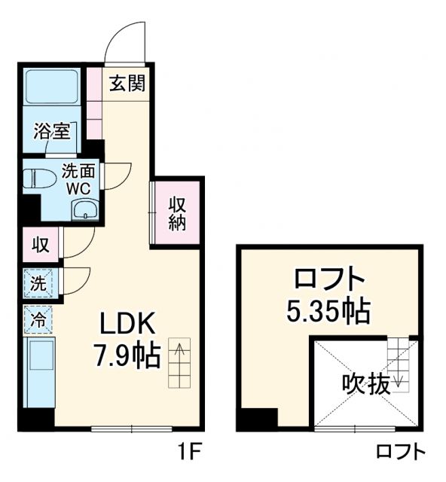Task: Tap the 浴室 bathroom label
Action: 52,130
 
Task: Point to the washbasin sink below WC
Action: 85,210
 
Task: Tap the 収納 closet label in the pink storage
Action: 177,213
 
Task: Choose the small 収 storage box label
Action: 41,244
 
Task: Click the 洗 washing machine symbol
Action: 38,283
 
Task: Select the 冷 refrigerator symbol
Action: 38,319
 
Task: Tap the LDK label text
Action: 128,324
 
